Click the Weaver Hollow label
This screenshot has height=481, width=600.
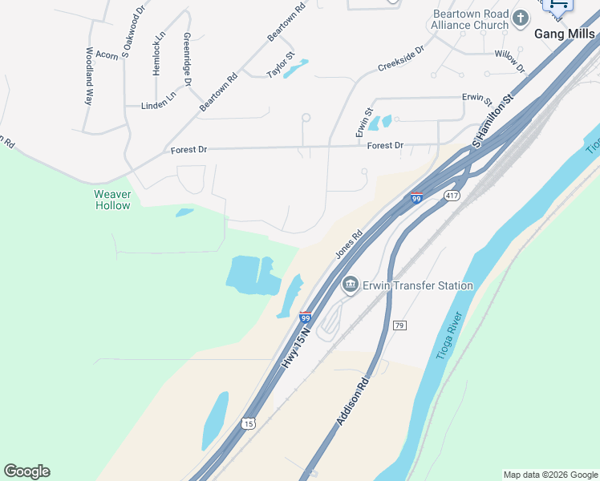pyautogui.click(x=112, y=200)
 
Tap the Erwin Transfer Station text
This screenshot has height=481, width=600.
pyautogui.click(x=417, y=285)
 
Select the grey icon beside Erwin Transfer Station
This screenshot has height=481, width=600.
pyautogui.click(x=350, y=285)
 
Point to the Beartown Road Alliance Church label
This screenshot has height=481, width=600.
pyautogui.click(x=470, y=19)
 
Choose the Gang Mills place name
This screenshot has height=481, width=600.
pyautogui.click(x=566, y=34)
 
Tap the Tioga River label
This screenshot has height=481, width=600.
pyautogui.click(x=450, y=335)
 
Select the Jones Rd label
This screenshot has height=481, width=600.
pyautogui.click(x=349, y=244)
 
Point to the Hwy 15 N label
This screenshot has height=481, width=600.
pyautogui.click(x=296, y=345)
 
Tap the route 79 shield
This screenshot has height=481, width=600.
pyautogui.click(x=399, y=325)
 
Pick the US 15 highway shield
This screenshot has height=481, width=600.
pyautogui.click(x=249, y=422)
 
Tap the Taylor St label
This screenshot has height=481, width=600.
pyautogui.click(x=281, y=66)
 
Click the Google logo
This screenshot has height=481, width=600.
pyautogui.click(x=26, y=471)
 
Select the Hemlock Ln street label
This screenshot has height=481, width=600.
pyautogui.click(x=159, y=54)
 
